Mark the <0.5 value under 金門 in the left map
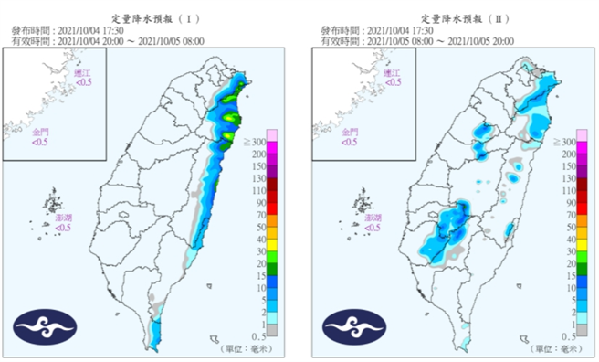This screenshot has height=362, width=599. [41, 142]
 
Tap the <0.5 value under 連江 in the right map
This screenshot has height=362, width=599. [394, 81]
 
